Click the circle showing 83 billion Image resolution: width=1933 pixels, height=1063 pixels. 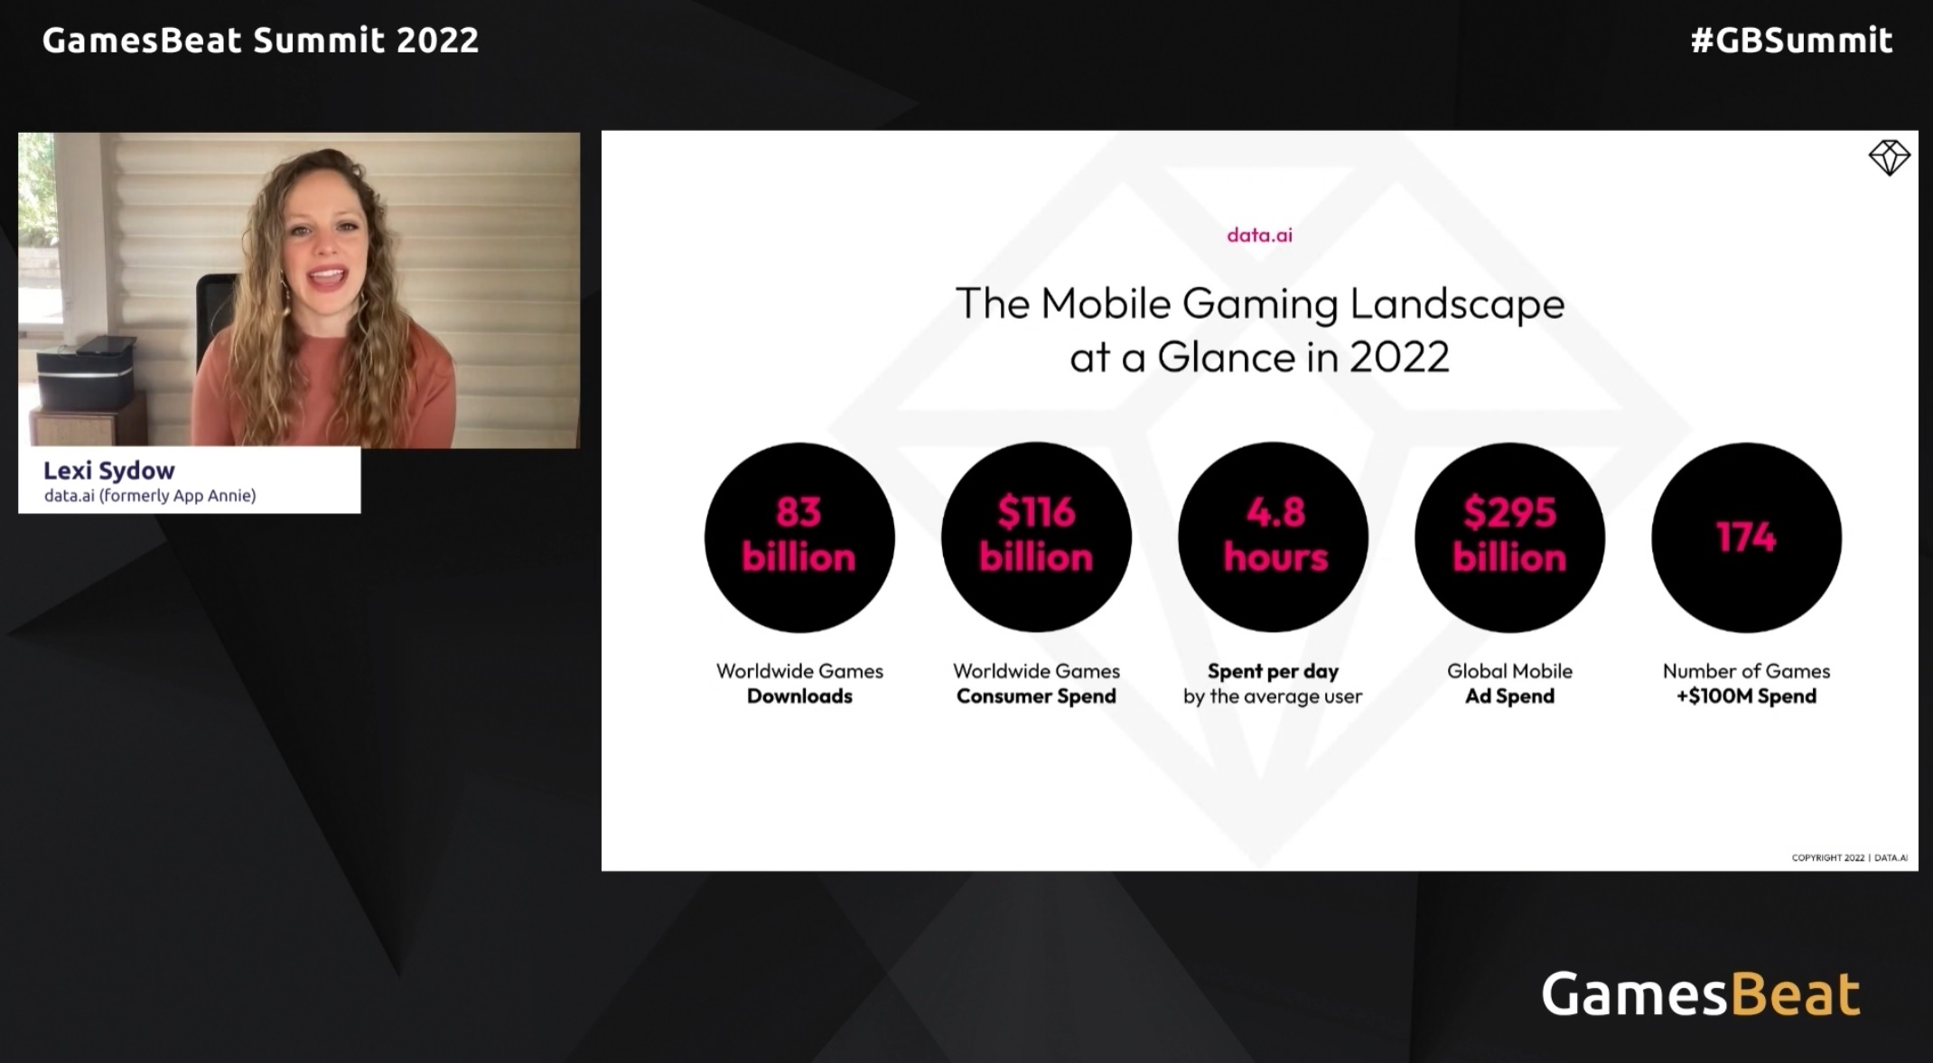pos(799,537)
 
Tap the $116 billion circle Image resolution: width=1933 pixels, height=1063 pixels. pos(1036,537)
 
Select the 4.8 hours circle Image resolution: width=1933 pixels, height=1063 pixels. pos(1273,537)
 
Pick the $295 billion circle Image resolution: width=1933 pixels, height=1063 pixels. pos(1509,537)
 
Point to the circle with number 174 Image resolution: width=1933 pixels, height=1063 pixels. pos(1746,537)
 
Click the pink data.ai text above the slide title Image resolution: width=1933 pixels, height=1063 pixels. pos(1259,235)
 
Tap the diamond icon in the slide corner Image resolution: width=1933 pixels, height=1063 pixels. pos(1889,158)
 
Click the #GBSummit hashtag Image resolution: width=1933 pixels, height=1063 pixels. pos(1791,41)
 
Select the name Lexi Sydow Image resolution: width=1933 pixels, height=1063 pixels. pos(109,471)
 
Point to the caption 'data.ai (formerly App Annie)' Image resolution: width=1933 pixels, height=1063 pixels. pos(150,496)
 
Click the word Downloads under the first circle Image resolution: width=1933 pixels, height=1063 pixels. pos(799,696)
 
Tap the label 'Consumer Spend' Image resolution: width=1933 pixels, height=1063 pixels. pos(1036,696)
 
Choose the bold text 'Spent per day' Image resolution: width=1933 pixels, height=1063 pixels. pos(1273,671)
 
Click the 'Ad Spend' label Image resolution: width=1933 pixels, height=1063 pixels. pos(1509,696)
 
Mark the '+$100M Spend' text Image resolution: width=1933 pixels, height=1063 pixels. pos(1746,696)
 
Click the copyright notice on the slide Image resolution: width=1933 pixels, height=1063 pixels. pos(1850,858)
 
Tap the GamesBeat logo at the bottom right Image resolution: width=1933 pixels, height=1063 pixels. pos(1701,994)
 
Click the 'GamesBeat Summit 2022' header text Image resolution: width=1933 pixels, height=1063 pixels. pos(260,41)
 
